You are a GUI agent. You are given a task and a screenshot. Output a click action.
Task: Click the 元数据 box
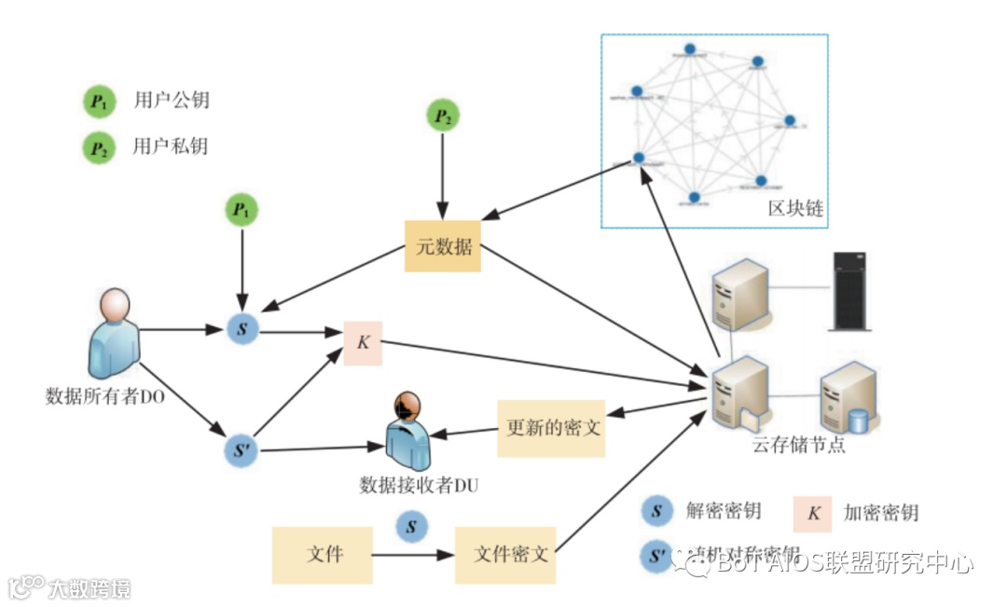(442, 247)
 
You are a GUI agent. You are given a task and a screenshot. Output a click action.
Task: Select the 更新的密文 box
(552, 429)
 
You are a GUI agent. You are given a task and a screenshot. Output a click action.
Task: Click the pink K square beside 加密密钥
(813, 513)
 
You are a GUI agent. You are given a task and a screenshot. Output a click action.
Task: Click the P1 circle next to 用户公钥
(97, 102)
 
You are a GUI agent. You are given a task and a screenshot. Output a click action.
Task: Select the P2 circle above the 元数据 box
(444, 117)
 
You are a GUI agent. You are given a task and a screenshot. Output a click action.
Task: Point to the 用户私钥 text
(172, 146)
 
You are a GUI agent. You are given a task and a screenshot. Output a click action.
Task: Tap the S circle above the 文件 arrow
(411, 526)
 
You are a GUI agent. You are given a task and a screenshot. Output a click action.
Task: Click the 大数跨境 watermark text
(90, 588)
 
